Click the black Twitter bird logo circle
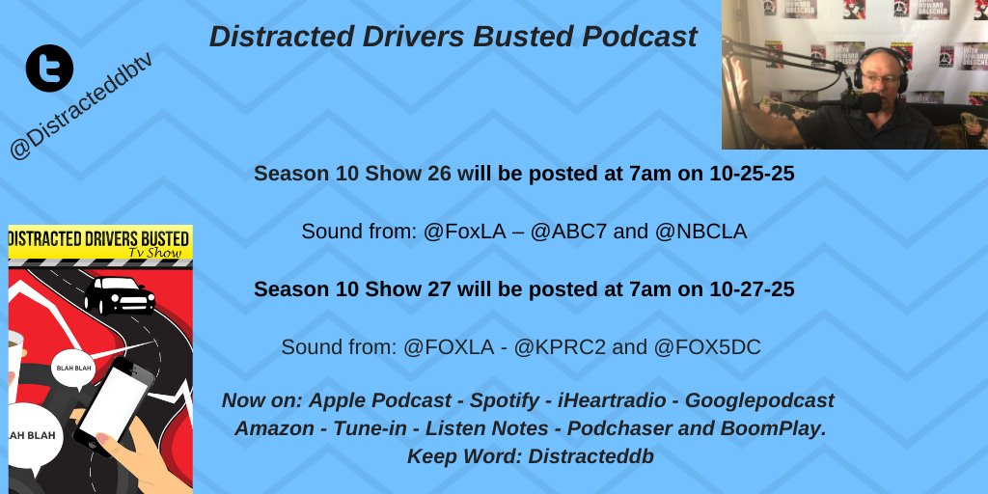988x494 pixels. [50, 69]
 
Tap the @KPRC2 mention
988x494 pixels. [562, 346]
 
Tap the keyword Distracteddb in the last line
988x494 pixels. [590, 456]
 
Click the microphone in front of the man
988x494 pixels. [870, 101]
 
